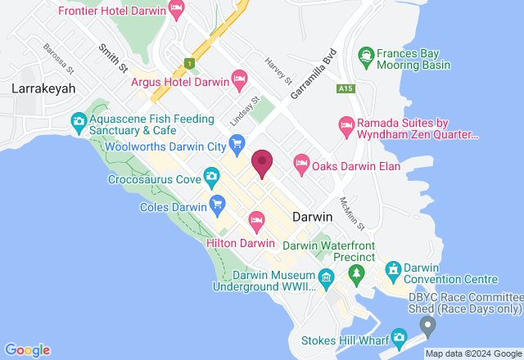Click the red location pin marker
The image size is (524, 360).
[262, 162]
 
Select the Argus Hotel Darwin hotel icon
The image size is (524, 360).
[239, 79]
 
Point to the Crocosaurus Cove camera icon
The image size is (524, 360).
[212, 175]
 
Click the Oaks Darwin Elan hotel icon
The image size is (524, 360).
[301, 164]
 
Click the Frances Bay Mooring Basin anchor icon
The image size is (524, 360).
[366, 56]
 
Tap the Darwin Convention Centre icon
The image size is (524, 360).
[393, 268]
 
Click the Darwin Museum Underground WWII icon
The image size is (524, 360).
[326, 278]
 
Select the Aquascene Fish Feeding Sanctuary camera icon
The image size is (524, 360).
[79, 124]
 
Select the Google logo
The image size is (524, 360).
[27, 349]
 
